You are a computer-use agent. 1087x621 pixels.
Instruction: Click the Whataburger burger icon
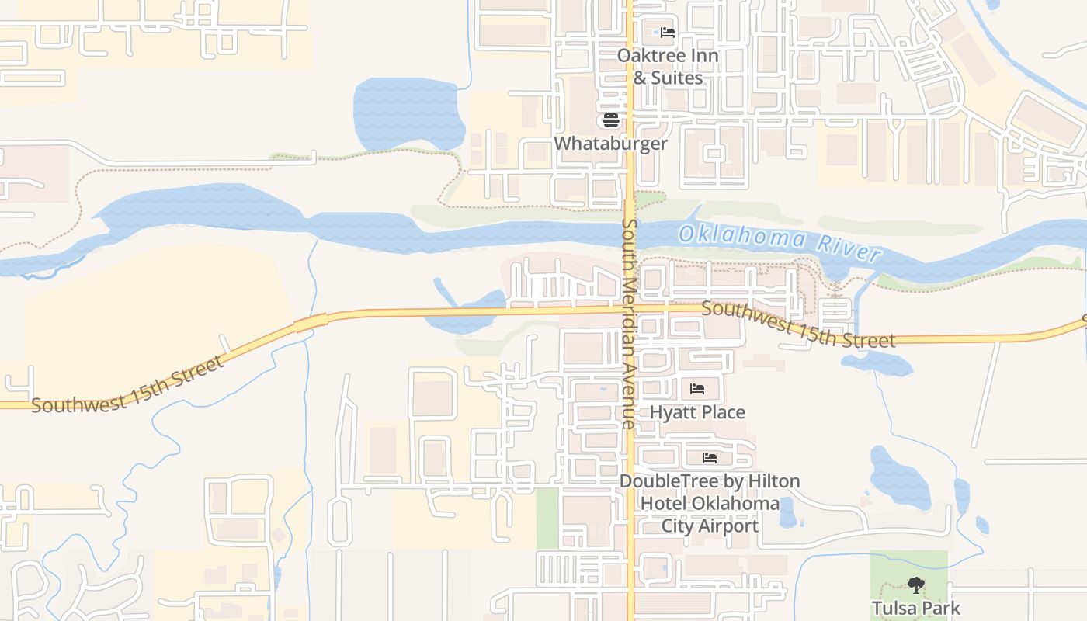(610, 120)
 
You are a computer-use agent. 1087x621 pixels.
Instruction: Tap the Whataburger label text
(610, 144)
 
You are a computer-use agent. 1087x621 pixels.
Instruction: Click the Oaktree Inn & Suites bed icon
(668, 33)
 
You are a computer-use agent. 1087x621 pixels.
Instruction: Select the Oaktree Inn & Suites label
(668, 67)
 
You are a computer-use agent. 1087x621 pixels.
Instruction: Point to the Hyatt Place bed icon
(697, 388)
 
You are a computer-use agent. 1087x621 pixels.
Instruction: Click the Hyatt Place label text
(697, 412)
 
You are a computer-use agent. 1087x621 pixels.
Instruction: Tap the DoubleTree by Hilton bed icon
(709, 458)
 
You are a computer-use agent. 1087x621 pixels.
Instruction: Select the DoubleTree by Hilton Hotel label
(709, 503)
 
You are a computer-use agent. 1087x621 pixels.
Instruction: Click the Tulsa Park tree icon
(916, 585)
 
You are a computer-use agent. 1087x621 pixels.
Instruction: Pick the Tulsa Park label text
(916, 608)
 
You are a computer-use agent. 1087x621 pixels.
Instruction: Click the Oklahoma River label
(780, 241)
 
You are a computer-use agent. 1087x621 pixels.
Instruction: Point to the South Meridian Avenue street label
(628, 323)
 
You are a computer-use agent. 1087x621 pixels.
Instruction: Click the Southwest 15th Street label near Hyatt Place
(797, 324)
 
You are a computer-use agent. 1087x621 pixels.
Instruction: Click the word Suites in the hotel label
(677, 78)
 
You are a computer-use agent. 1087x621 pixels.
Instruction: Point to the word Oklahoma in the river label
(742, 236)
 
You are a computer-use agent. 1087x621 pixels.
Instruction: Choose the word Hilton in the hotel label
(773, 481)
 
